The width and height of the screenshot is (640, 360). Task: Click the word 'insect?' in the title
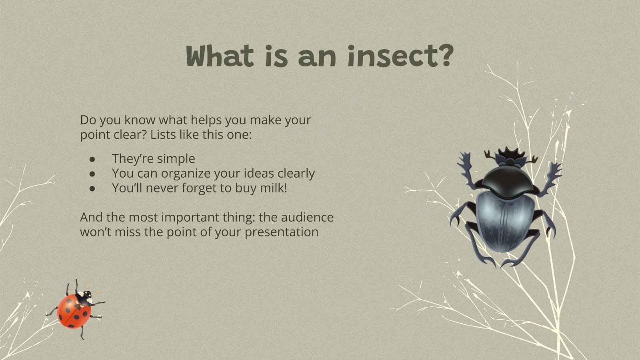click(x=400, y=56)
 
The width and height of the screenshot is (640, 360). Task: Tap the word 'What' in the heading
click(x=220, y=56)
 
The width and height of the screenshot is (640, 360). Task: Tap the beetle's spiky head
click(x=511, y=157)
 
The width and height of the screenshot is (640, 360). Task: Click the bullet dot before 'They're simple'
click(x=92, y=159)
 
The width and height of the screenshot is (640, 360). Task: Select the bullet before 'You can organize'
click(x=92, y=174)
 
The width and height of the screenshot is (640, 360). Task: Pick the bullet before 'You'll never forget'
click(x=92, y=188)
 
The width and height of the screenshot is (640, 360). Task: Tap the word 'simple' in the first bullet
click(x=176, y=159)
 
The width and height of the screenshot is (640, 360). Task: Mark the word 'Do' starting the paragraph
click(x=88, y=120)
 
